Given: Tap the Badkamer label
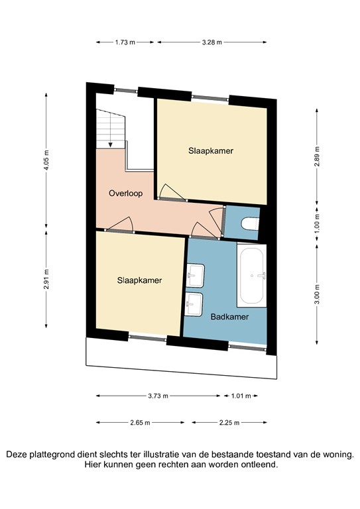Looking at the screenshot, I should pos(229,317).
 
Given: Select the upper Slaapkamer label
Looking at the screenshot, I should pos(210,150).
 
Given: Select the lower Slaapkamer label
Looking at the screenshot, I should pos(139,280).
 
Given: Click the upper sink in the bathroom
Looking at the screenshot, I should pos(196,272).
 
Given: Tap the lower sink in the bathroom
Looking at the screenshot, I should pos(195,304).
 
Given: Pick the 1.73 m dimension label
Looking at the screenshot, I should pos(125,42).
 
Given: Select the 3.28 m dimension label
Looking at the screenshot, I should pos(211,42).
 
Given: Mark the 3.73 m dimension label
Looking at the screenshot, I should pos(158,396).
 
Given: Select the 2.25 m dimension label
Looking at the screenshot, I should pos(229,422).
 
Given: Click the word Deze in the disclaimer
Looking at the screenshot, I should pos(19,455).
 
